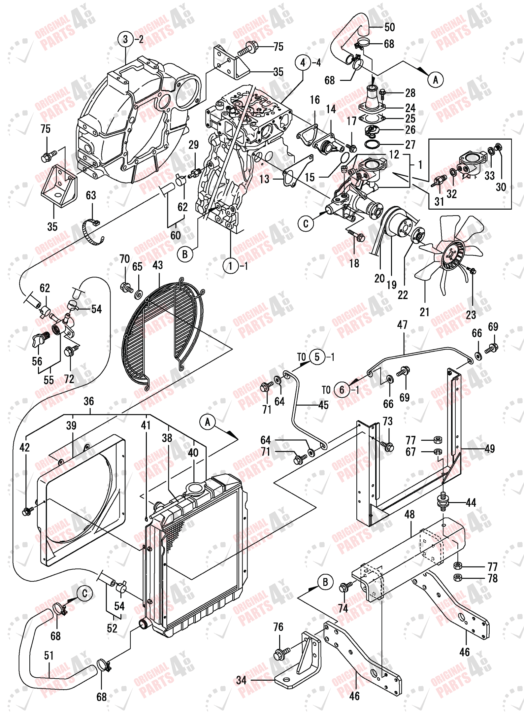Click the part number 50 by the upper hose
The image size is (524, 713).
click(389, 27)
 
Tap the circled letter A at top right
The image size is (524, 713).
click(435, 80)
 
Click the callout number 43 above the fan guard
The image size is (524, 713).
click(158, 265)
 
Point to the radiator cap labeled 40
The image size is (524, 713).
click(195, 488)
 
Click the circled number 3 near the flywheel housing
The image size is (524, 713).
click(125, 39)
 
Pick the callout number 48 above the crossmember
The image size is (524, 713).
click(409, 514)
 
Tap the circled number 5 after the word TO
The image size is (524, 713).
click(317, 357)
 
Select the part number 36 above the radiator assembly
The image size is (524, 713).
click(89, 401)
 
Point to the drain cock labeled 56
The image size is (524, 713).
click(40, 340)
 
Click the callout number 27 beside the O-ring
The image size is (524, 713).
click(410, 145)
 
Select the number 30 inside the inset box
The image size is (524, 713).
click(501, 187)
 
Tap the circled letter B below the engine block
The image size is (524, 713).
click(185, 254)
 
